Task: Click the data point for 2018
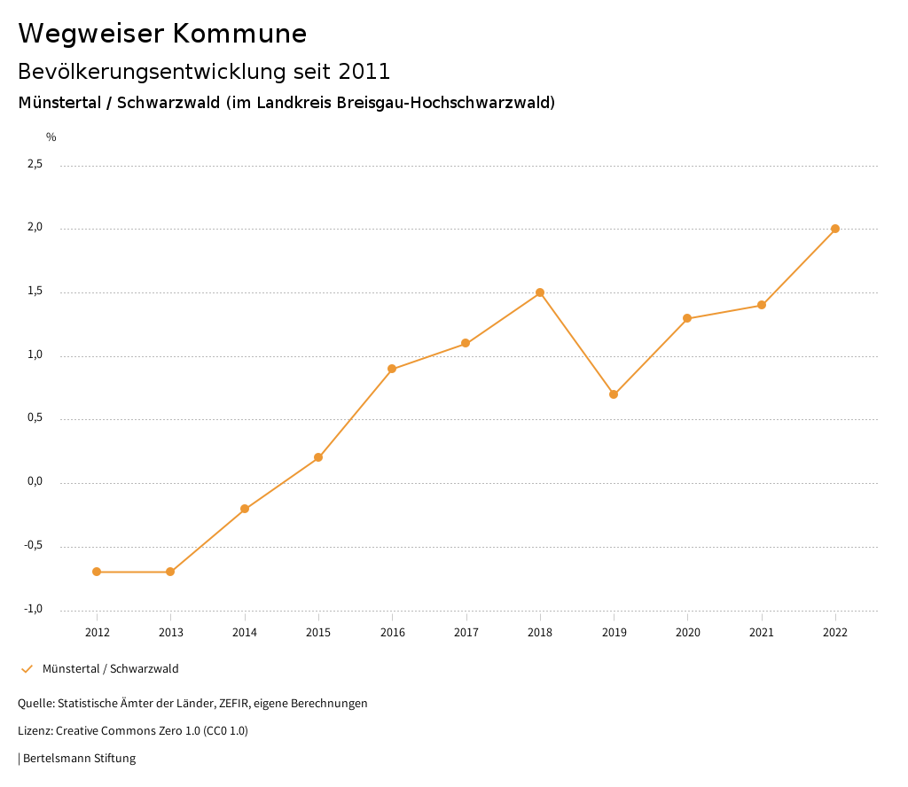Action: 540,292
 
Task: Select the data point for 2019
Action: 614,394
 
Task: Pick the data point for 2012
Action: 97,572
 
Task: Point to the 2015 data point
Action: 318,457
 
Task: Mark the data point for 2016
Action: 392,369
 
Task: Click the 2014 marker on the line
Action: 245,509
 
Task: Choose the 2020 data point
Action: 687,318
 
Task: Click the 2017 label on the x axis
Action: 466,632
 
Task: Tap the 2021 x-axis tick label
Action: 762,632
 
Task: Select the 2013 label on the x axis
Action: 171,632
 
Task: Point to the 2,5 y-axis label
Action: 35,165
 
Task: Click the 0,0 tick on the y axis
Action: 35,482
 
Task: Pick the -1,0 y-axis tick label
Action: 34,609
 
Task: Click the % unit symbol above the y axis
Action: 51,137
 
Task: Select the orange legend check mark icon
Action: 27,669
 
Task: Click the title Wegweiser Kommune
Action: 162,34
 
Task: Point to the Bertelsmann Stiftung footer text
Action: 79,759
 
